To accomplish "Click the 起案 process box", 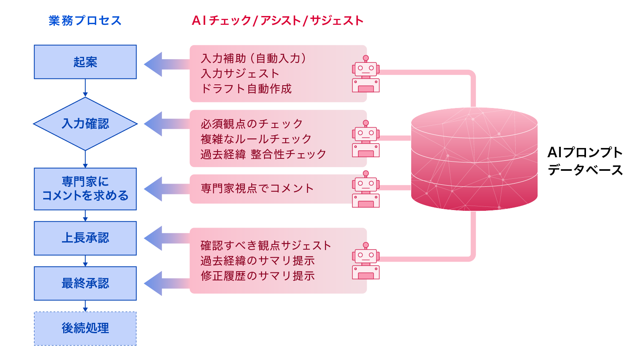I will pos(85,62).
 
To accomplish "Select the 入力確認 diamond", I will pos(85,124).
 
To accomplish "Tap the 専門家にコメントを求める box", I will pos(85,189).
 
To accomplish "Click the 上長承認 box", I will pos(85,238).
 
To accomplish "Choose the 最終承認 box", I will pos(85,283).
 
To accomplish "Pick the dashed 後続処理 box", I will pos(85,328).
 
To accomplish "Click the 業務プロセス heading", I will pos(85,20).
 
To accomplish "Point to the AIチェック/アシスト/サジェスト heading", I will pos(277,20).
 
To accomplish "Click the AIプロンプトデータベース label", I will pos(585,161).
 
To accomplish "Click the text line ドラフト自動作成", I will pos(246,89).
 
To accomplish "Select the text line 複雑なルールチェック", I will pos(256,139).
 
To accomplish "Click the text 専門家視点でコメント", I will pos(257,188).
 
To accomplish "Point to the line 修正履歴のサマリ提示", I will pos(258,276).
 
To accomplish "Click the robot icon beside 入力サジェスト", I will pos(366,74).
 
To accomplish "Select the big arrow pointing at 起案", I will pos(164,64).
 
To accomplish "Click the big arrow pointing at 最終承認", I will pos(164,283).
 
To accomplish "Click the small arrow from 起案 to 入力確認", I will pos(85,88).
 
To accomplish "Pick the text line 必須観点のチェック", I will pos(252,124).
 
